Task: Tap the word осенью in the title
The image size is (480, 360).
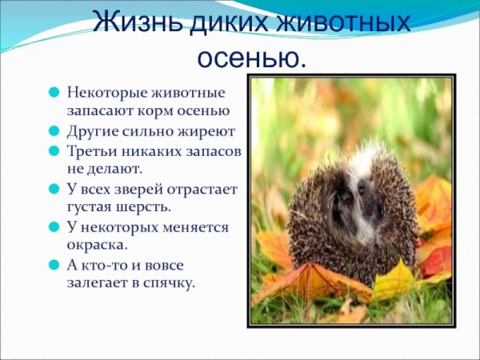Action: pos(251,56)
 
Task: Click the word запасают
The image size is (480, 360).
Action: pos(102,111)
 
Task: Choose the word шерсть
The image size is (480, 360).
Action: pos(148,208)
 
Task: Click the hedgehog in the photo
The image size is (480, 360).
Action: pos(352,208)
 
